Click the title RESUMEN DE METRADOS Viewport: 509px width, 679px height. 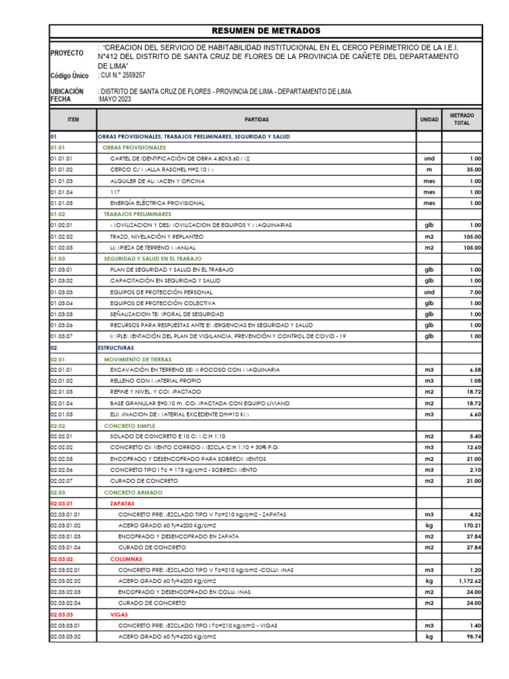tap(265, 31)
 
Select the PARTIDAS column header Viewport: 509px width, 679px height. tap(256, 119)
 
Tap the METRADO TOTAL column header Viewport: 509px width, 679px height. tap(461, 119)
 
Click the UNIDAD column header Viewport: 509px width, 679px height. tap(429, 119)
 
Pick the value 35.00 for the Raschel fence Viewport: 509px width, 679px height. tap(472, 170)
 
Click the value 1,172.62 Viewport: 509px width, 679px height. tap(467, 581)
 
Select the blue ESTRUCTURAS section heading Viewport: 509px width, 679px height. tap(115, 347)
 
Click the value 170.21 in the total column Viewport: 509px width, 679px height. tap(470, 525)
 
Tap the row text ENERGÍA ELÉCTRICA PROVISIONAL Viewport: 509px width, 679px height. tap(157, 203)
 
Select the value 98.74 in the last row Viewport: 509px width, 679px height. tap(472, 637)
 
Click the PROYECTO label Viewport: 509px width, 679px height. tap(67, 53)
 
